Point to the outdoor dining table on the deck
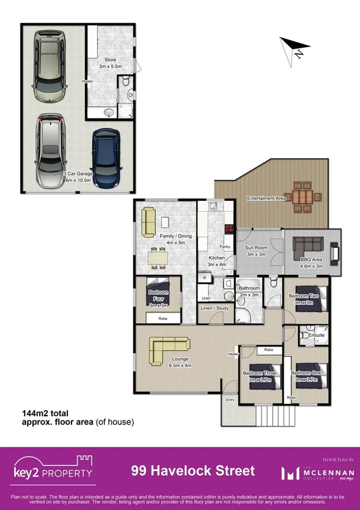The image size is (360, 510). (x=299, y=196)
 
